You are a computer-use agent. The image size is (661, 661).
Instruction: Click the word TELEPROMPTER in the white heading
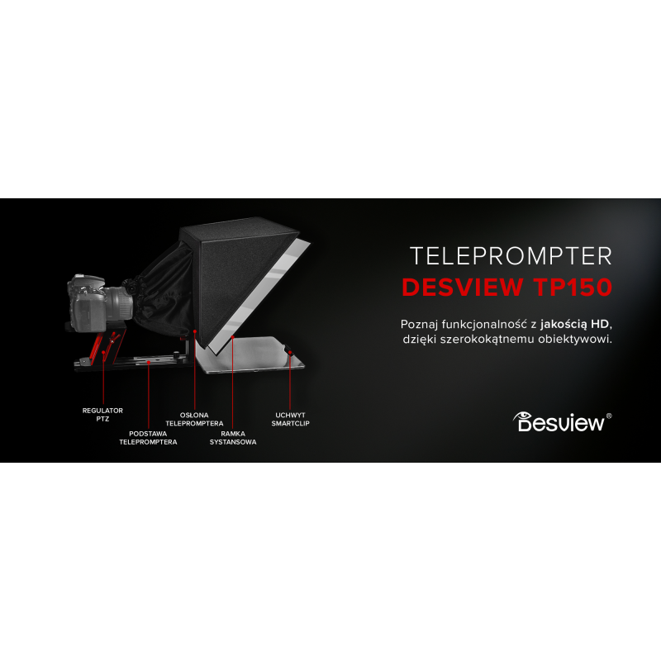511,256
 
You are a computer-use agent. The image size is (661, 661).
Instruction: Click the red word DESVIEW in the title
463,287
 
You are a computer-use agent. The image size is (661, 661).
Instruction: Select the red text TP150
573,287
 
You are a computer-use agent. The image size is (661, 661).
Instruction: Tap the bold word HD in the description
600,324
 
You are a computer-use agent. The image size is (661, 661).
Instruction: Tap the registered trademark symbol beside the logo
609,416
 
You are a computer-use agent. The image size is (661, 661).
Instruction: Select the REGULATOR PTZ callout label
102,415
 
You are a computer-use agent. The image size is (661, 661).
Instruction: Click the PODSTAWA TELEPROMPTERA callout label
148,438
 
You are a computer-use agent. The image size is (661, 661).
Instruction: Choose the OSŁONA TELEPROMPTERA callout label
194,419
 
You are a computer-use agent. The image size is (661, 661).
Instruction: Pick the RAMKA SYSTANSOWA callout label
233,438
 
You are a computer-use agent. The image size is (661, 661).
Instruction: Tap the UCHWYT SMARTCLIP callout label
291,419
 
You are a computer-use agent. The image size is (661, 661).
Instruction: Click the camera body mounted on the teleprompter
88,302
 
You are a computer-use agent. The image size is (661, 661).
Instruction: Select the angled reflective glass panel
260,295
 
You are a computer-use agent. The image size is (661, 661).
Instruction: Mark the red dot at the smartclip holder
290,353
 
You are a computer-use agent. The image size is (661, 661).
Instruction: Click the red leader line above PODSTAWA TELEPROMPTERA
149,395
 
